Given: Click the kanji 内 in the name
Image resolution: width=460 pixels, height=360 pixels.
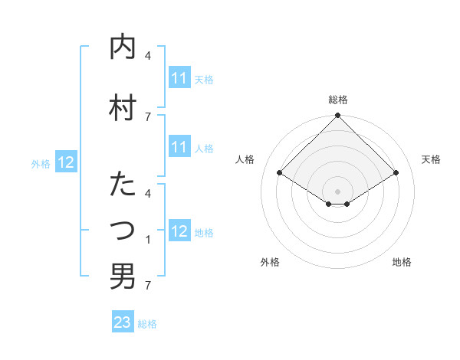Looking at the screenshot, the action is pos(123,47).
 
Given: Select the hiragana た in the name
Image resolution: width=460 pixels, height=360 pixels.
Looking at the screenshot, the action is pos(123,185).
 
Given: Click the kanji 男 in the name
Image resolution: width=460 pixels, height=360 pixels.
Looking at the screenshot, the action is pos(123,276).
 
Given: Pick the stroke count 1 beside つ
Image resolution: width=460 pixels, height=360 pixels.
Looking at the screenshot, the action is pos(148,240).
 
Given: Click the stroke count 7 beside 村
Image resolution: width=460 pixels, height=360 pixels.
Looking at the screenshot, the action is pos(148,116).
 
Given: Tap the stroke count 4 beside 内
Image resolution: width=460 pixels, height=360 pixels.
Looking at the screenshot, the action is pos(148,56).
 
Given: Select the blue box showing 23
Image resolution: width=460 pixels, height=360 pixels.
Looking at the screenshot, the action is pos(123,322).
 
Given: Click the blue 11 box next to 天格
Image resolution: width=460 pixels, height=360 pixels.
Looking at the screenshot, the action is pos(179,78).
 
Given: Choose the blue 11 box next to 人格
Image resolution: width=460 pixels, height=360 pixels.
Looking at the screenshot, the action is pos(179,147).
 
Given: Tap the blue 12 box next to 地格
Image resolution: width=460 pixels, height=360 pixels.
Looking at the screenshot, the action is pos(179,231).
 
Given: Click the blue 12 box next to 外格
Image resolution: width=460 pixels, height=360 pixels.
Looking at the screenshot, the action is pos(66,162).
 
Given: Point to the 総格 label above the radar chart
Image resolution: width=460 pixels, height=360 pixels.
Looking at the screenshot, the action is pos(338,100).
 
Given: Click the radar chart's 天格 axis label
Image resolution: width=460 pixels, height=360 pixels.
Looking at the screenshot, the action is pos(431,159).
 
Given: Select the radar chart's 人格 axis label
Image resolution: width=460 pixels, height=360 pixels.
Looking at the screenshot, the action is pos(245,159).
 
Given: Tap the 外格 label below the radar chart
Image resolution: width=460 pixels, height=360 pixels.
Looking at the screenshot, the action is pos(270,262).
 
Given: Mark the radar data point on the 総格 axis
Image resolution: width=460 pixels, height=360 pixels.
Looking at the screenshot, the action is pos(338,116).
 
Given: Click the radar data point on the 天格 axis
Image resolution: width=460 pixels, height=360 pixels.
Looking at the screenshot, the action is pos(396,173).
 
